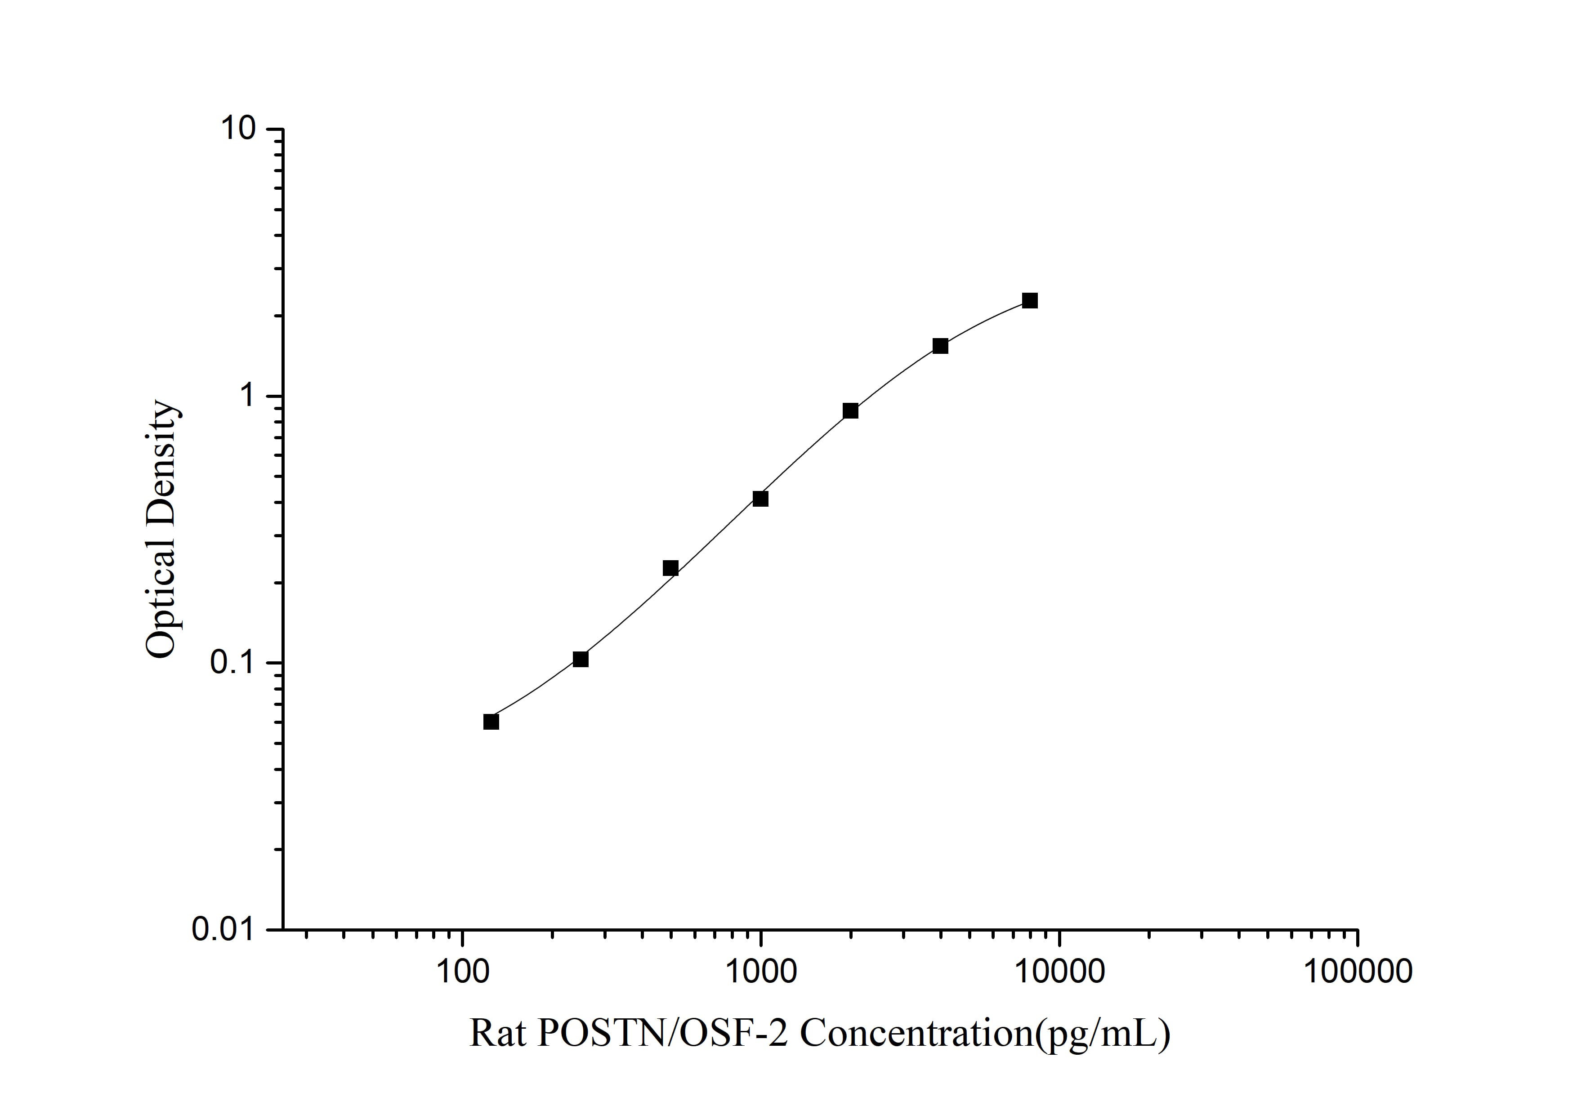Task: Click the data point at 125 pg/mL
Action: [491, 722]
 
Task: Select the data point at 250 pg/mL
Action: [581, 659]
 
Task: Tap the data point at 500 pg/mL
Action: [670, 568]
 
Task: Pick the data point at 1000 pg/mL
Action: [760, 499]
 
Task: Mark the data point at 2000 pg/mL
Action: [850, 410]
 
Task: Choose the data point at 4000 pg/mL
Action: [940, 346]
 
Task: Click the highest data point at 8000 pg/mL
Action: [1030, 301]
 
